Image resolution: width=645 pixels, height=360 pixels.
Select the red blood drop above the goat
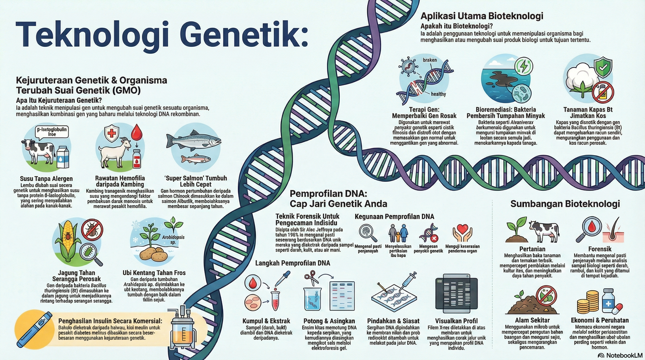tap(137, 131)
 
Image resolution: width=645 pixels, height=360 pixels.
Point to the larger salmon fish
tap(194, 140)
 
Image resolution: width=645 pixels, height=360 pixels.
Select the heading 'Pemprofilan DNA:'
tap(328, 194)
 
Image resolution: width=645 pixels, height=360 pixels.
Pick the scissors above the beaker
tap(310, 277)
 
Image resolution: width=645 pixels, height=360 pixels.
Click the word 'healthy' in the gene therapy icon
tap(438, 94)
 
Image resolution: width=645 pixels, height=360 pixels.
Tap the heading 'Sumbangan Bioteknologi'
tap(565, 204)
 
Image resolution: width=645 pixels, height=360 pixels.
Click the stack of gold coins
tap(587, 302)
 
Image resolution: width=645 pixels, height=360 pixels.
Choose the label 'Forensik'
tap(599, 249)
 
